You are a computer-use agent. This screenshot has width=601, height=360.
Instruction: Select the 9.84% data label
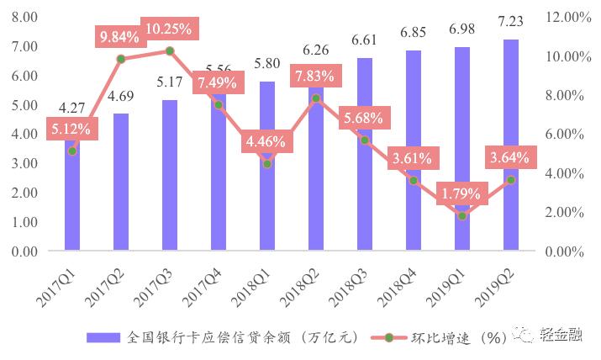121,37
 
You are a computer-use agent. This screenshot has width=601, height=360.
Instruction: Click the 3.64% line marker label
509,158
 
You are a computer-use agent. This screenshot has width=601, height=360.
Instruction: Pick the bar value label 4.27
72,109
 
